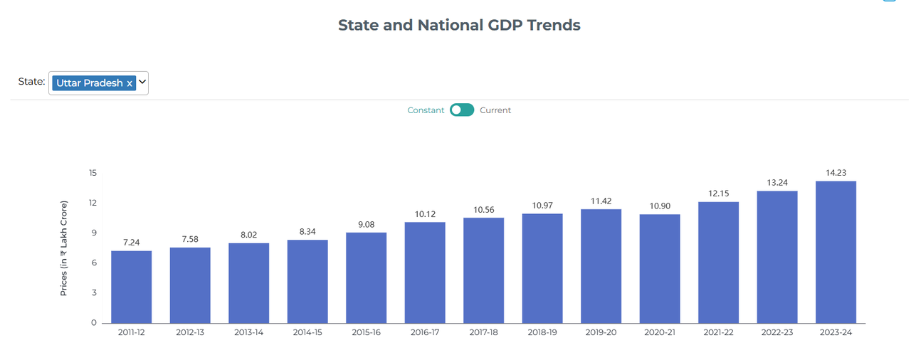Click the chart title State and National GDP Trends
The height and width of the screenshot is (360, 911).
point(459,25)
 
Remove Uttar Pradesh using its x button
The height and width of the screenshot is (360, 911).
point(130,83)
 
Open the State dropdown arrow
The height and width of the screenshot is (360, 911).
point(142,82)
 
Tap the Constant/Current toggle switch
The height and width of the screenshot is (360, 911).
point(462,110)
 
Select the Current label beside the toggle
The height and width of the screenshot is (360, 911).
point(495,110)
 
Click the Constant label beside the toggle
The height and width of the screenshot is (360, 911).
point(426,110)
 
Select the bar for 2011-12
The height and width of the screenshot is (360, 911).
point(132,287)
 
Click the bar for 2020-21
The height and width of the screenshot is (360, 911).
point(660,269)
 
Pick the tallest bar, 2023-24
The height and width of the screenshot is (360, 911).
point(836,253)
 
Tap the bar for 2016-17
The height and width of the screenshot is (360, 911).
point(425,272)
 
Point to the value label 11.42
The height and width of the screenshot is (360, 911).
point(601,201)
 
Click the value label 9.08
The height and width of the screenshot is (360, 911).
point(366,225)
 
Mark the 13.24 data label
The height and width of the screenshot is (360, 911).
point(777,183)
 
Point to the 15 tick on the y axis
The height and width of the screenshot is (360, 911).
point(93,173)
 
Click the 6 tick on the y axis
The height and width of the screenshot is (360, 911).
point(94,263)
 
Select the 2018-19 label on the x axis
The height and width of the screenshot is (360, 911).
point(542,332)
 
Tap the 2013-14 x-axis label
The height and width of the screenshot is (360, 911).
point(248,332)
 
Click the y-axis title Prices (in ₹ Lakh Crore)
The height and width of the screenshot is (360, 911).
point(63,248)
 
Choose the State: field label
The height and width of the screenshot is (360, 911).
point(32,82)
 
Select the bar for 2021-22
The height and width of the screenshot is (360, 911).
point(718,263)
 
